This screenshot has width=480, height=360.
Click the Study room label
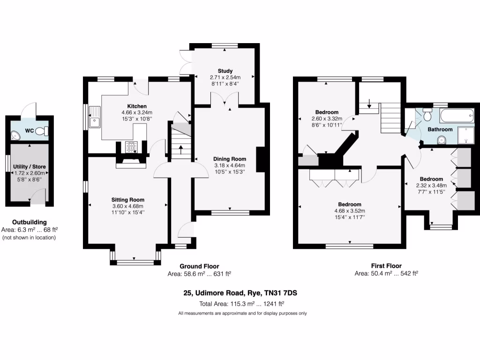pos(225,71)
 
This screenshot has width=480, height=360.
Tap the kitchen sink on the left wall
pos(95,117)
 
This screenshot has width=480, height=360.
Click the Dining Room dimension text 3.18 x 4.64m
pos(226,165)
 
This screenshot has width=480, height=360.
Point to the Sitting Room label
pos(127,199)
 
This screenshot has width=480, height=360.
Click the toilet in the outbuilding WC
pos(42,131)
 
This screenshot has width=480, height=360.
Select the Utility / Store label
pos(30,166)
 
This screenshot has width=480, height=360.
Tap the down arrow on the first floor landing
pos(369,104)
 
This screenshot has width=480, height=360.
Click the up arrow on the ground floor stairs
pos(181,150)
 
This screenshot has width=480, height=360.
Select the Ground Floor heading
pos(199,266)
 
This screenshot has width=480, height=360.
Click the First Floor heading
pos(386,266)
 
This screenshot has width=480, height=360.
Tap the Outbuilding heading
pos(30,222)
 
